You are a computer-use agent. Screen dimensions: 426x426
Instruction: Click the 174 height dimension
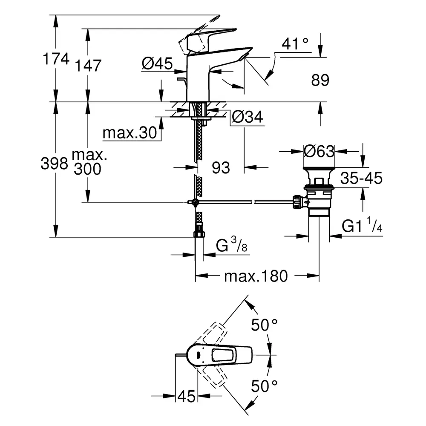click(x=56, y=59)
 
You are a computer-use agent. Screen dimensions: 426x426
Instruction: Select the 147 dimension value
click(x=88, y=66)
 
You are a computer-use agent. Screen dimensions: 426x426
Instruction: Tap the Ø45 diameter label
click(x=157, y=63)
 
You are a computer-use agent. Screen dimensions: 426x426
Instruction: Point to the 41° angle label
click(x=295, y=44)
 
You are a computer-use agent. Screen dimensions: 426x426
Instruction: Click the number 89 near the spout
click(x=320, y=80)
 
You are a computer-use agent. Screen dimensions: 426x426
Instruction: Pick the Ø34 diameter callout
click(x=248, y=117)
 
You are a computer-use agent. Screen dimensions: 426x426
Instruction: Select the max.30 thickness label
click(x=130, y=133)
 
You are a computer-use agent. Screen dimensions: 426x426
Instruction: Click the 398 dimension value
click(x=55, y=164)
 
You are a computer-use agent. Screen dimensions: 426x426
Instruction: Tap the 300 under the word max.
click(x=87, y=169)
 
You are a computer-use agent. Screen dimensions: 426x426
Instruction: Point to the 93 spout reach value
click(x=221, y=167)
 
